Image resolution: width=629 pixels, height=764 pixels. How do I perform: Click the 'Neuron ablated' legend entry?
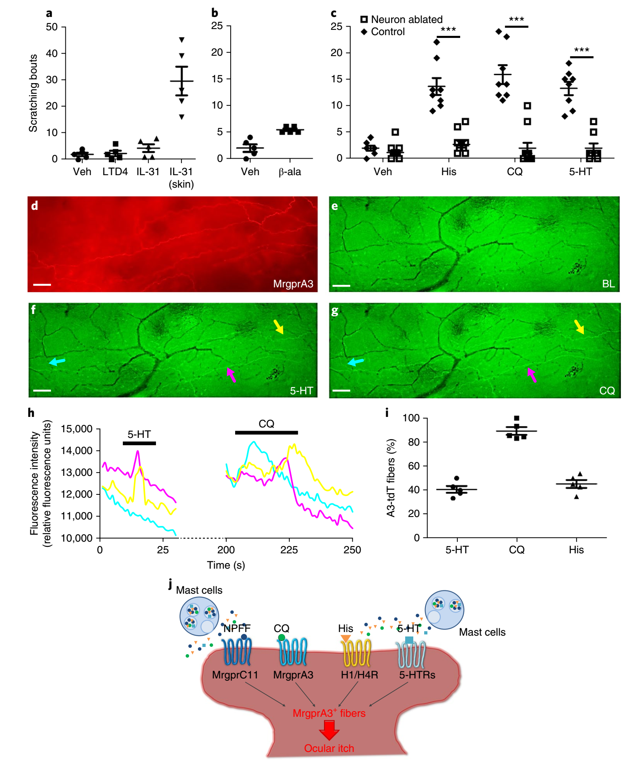click(x=402, y=19)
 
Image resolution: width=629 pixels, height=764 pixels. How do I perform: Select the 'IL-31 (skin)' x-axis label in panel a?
click(x=181, y=178)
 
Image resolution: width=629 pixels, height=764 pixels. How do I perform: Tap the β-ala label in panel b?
click(x=290, y=172)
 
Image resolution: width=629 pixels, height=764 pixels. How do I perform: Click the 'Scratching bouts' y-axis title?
click(x=33, y=93)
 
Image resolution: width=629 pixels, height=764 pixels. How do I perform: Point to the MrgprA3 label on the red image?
click(x=293, y=284)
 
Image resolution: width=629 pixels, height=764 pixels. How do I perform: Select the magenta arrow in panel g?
click(x=532, y=375)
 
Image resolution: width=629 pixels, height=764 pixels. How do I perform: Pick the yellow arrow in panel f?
click(x=278, y=327)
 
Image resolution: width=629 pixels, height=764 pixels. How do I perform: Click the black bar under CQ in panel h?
click(x=266, y=433)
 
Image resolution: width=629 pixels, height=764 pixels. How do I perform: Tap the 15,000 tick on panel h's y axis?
click(x=77, y=429)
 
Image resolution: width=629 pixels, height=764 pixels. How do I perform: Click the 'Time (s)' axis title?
click(x=226, y=565)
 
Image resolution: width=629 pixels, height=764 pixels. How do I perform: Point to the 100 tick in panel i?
click(x=411, y=418)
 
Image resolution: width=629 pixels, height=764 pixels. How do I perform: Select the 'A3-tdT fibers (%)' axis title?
click(x=391, y=478)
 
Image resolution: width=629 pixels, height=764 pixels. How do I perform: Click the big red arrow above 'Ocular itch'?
click(x=329, y=730)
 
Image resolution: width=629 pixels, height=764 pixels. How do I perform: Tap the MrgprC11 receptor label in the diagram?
click(x=235, y=675)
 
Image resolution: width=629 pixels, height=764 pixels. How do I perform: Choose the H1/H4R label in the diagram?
click(x=359, y=675)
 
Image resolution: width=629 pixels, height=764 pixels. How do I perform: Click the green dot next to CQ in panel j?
click(x=282, y=638)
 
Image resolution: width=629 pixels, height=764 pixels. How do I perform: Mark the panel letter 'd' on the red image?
click(x=35, y=206)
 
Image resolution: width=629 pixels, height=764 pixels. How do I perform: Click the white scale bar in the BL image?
click(x=341, y=286)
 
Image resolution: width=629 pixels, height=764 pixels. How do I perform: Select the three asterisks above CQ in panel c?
click(x=516, y=19)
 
